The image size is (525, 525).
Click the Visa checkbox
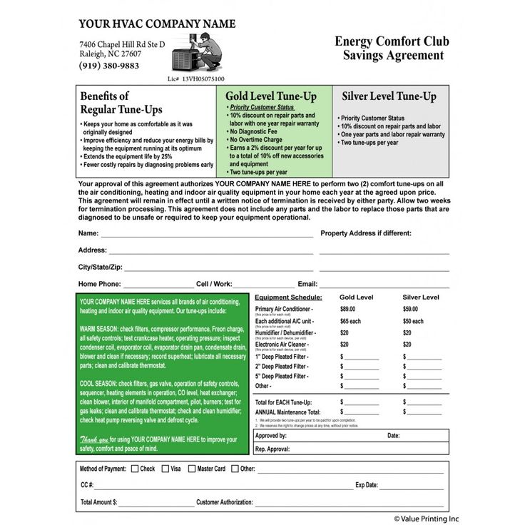point(165,469)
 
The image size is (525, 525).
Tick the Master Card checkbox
point(191,469)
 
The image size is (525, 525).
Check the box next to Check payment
point(134,469)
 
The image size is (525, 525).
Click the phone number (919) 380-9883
point(109,66)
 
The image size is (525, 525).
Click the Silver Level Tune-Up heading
point(389,96)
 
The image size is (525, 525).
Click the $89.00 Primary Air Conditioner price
point(347,309)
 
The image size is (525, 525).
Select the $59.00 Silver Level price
point(410,309)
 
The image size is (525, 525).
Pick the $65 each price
point(350,321)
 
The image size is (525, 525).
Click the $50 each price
point(413,321)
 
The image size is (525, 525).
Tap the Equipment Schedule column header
point(288,297)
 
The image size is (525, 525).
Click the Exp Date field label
point(367,485)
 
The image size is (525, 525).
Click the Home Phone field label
point(99,284)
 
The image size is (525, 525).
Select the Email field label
point(307,284)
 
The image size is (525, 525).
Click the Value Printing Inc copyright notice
point(426,519)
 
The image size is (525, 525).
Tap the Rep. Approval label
point(272,449)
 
